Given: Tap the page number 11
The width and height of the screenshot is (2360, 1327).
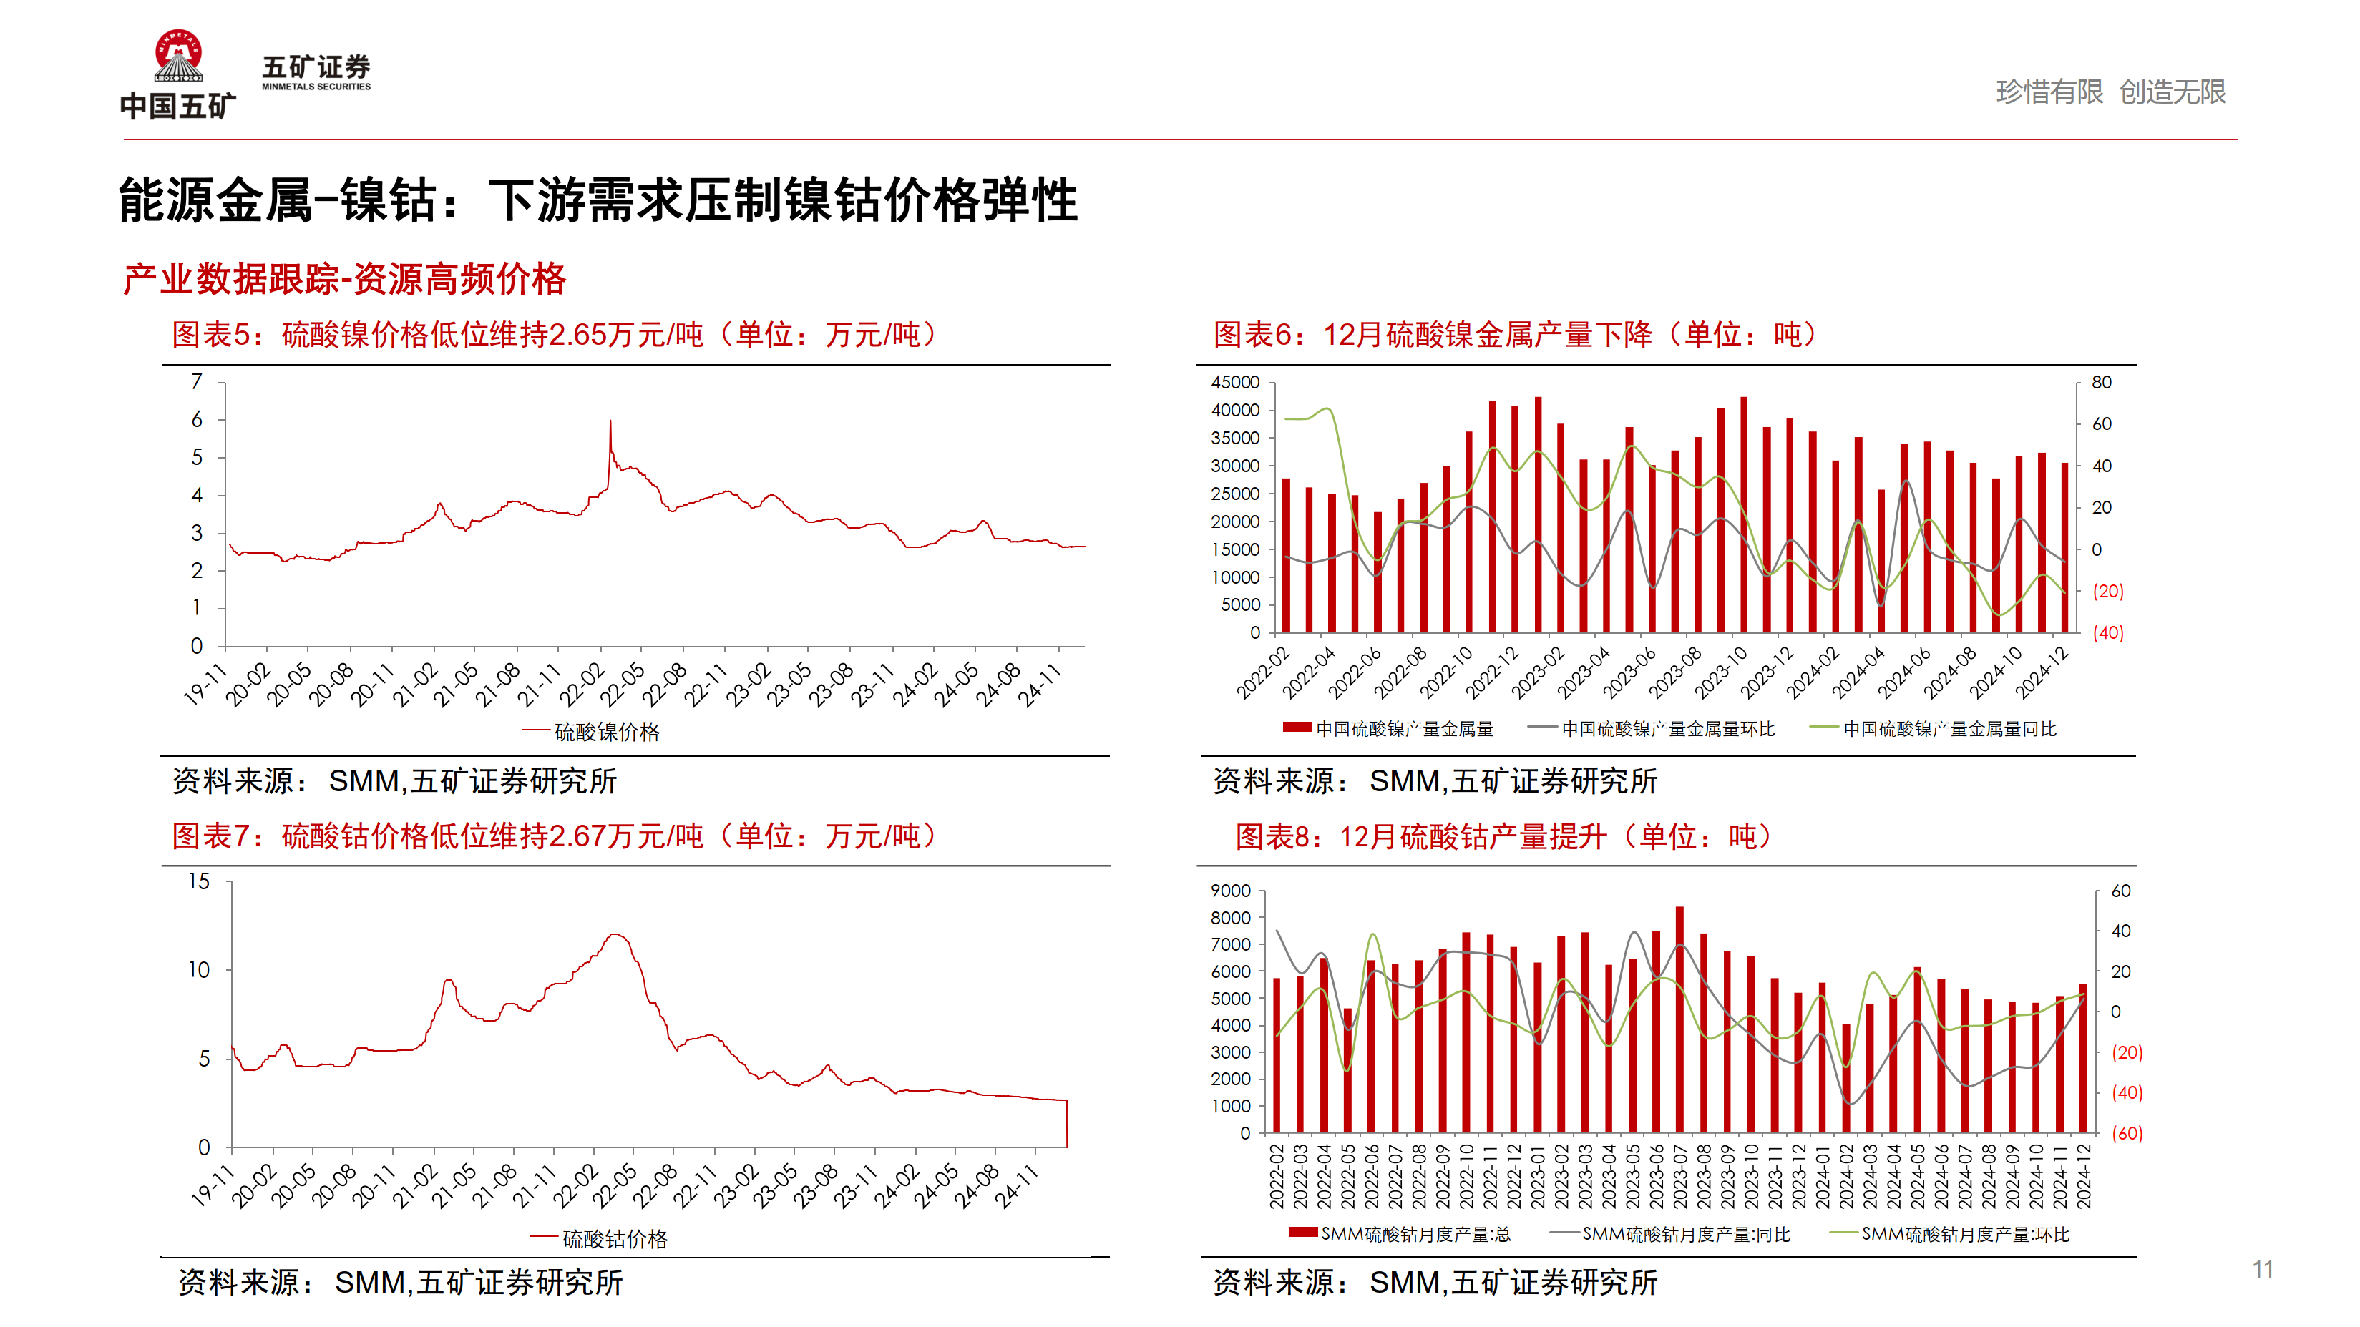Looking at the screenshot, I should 2262,1269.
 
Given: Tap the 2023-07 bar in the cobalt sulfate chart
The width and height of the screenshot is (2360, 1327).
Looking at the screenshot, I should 1679,1019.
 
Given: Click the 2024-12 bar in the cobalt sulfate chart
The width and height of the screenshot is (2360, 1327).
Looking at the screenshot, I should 2083,1058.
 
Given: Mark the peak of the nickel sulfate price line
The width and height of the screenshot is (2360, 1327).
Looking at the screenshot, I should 610,421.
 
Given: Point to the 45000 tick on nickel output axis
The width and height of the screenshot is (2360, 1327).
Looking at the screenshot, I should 1235,382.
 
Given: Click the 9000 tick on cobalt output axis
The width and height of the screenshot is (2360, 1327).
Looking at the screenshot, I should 1230,890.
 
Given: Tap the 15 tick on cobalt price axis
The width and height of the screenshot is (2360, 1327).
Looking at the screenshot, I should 199,881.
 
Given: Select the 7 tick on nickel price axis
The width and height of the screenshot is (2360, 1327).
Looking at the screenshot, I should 196,382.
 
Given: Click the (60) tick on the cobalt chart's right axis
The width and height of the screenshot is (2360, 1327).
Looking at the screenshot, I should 2127,1133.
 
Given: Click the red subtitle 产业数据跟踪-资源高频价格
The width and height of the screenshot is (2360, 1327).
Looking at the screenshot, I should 344,279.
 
